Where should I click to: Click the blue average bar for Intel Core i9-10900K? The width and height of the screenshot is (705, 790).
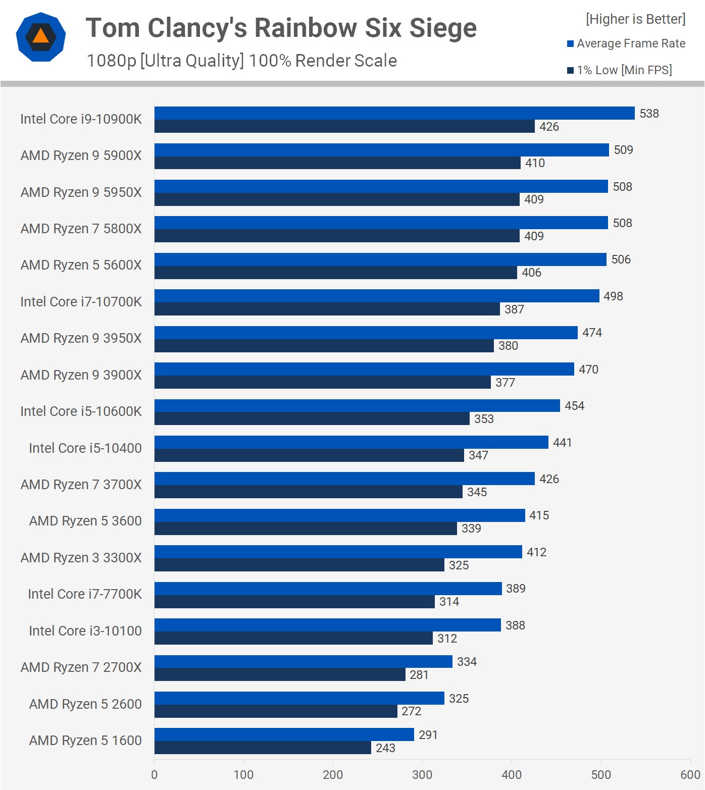[394, 113]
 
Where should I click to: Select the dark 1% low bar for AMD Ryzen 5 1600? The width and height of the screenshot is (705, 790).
[263, 748]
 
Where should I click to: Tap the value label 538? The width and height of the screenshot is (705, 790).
[649, 114]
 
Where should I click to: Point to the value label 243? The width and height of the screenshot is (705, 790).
[385, 748]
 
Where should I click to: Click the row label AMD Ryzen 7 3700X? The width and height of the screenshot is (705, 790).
[81, 485]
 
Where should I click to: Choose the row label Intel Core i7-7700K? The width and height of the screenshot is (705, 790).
[84, 594]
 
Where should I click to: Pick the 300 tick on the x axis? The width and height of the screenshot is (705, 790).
[422, 775]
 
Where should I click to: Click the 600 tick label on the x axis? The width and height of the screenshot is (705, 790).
[690, 775]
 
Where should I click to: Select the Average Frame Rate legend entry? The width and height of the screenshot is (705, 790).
[626, 44]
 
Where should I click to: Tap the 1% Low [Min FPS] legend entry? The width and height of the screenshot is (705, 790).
[620, 70]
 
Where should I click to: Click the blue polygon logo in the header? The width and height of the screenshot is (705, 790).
[41, 37]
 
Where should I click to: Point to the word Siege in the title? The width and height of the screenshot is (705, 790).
[443, 28]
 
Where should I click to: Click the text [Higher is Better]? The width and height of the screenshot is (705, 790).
[635, 19]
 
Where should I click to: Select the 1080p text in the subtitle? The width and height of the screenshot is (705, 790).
[111, 61]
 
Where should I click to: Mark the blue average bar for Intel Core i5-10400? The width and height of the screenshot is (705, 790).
[351, 442]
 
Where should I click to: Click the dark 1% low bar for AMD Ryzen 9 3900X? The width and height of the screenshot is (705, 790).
[322, 382]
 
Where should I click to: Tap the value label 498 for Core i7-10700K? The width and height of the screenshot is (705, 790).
[613, 296]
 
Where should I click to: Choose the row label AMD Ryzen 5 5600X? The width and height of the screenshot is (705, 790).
[81, 265]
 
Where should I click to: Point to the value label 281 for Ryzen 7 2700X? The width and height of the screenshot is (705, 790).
[419, 675]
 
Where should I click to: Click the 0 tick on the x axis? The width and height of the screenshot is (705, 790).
[155, 775]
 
